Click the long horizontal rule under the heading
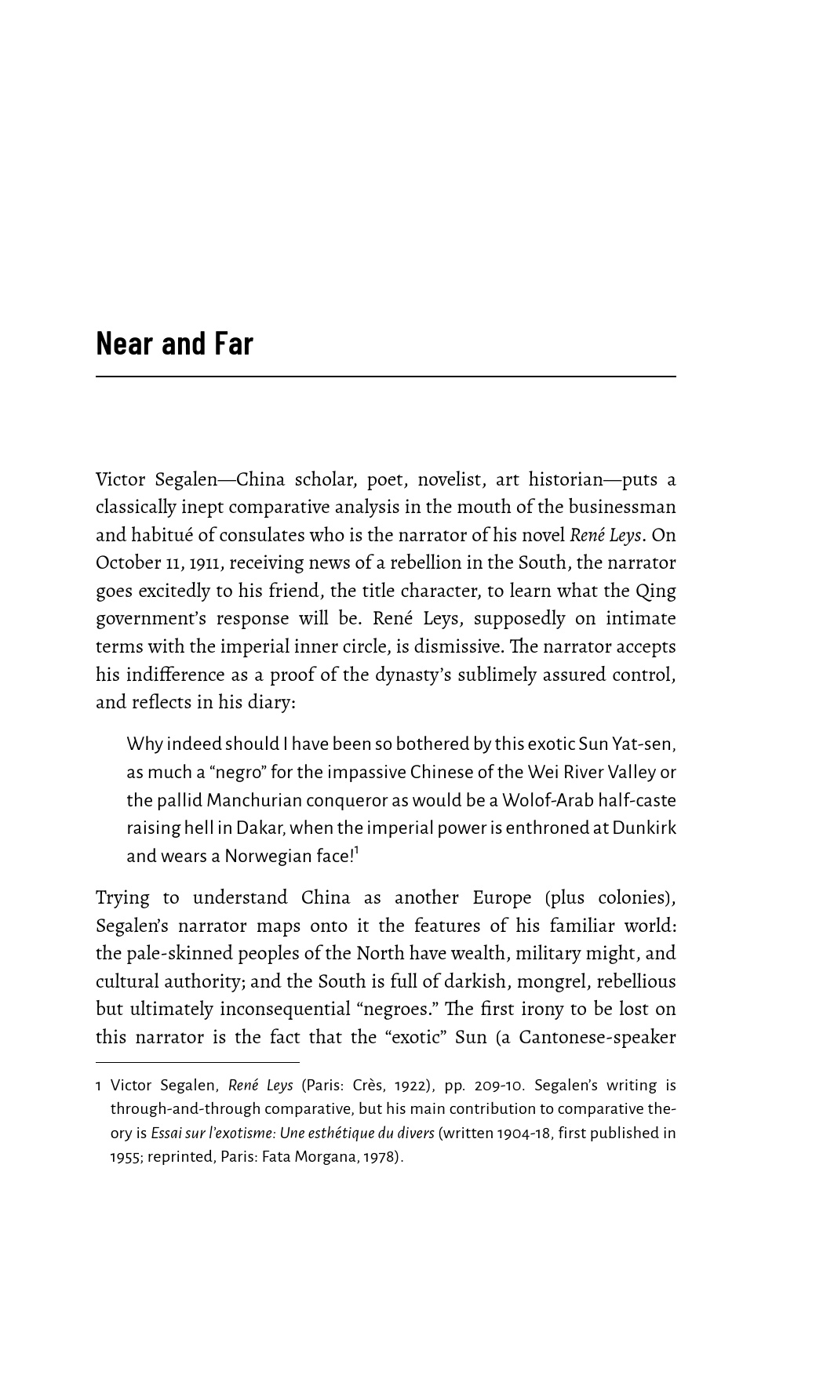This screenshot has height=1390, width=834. pyautogui.click(x=385, y=377)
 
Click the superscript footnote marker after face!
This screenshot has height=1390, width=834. pyautogui.click(x=356, y=850)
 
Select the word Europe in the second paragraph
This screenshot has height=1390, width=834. pyautogui.click(x=502, y=897)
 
